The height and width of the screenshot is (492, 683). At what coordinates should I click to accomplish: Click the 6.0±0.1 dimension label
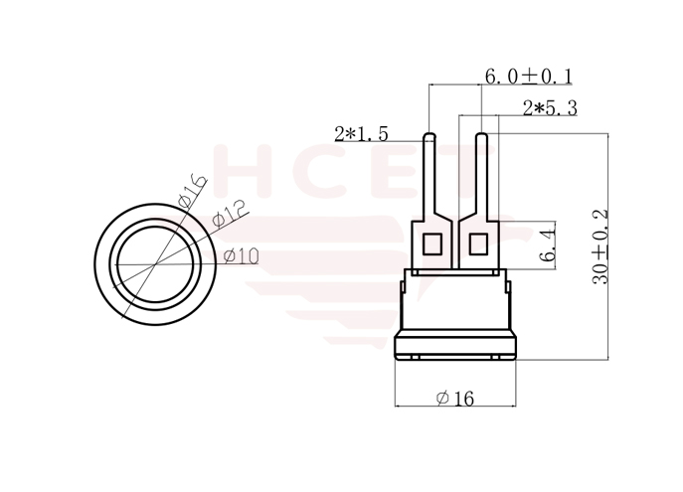pos(527,77)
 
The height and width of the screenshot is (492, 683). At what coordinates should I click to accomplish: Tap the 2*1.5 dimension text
pos(361,133)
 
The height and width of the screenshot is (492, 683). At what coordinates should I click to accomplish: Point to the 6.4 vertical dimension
pos(547,244)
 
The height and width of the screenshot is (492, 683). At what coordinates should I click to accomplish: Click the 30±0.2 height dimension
pos(600,247)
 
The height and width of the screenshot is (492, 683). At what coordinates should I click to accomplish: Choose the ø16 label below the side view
pos(455,398)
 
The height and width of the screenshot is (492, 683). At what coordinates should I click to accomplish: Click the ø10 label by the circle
pos(242,256)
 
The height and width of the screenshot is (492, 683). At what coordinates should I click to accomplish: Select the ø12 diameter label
pos(228,213)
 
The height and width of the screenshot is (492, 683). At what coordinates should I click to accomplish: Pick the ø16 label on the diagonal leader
pos(191,189)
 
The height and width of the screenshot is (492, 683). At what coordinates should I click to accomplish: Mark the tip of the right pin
pos(481,137)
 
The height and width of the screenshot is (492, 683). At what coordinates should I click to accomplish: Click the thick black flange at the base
pos(456,347)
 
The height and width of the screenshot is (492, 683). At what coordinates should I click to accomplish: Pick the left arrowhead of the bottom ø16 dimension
pos(398,407)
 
